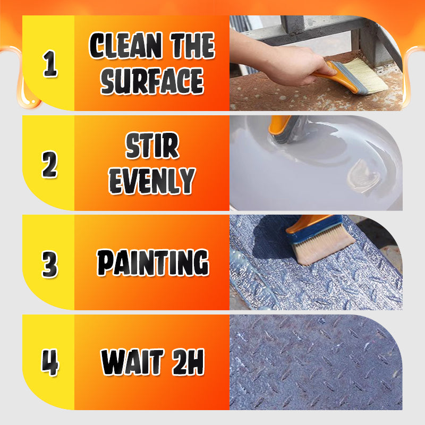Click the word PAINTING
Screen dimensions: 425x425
(152, 263)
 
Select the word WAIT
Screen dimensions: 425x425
(131, 363)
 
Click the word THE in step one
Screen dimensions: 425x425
(193, 47)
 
